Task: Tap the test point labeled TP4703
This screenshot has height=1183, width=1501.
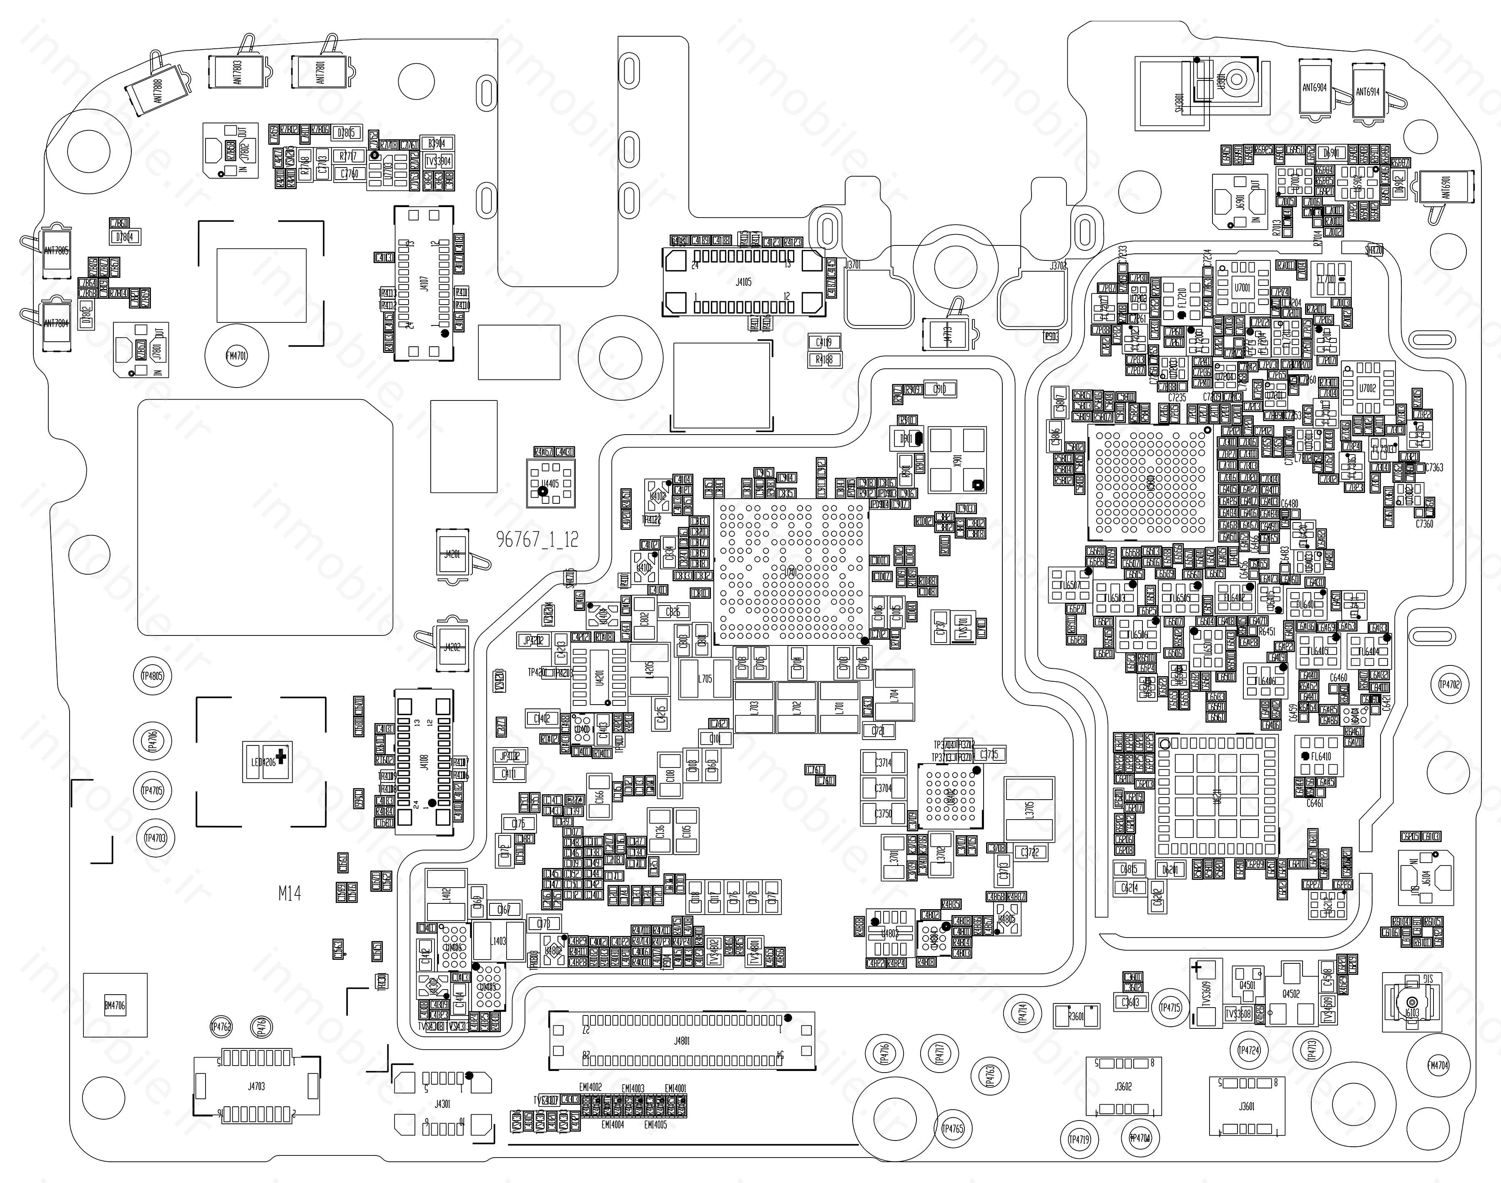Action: click(x=155, y=838)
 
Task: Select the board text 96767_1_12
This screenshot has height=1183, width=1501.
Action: click(x=537, y=540)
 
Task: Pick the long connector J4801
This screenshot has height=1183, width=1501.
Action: click(x=682, y=1041)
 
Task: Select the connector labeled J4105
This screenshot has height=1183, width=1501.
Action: click(x=743, y=283)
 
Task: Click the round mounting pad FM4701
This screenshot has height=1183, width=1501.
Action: click(x=236, y=356)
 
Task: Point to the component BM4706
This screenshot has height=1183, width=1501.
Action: click(x=115, y=1005)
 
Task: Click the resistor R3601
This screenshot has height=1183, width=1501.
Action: click(x=1076, y=1016)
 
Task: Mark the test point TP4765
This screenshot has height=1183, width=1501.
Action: click(x=953, y=1129)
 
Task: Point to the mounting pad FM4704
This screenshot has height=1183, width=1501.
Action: click(x=1438, y=1065)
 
